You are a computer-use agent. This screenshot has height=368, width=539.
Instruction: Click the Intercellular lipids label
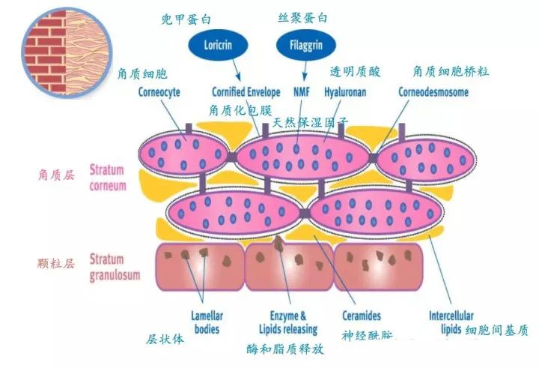tap(451, 322)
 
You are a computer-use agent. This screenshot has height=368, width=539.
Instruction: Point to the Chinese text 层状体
tap(166, 338)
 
